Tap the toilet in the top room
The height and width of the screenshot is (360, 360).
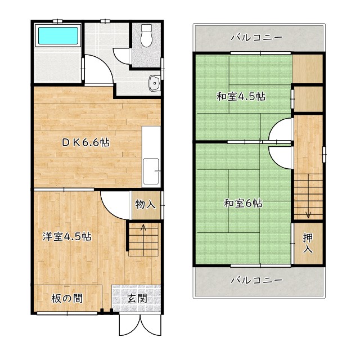147,36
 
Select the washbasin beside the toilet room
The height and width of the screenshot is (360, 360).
154,84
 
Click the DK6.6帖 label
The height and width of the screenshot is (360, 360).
85,142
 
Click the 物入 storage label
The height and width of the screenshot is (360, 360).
145,204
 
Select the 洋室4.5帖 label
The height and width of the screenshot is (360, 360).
67,236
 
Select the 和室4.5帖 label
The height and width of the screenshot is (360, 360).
241,96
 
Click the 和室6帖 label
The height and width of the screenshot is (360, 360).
243,203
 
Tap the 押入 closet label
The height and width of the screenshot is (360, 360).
308,242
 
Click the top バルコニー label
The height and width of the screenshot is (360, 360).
256,38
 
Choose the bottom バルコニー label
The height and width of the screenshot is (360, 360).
256,280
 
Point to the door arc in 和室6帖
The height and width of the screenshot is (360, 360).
279,155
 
